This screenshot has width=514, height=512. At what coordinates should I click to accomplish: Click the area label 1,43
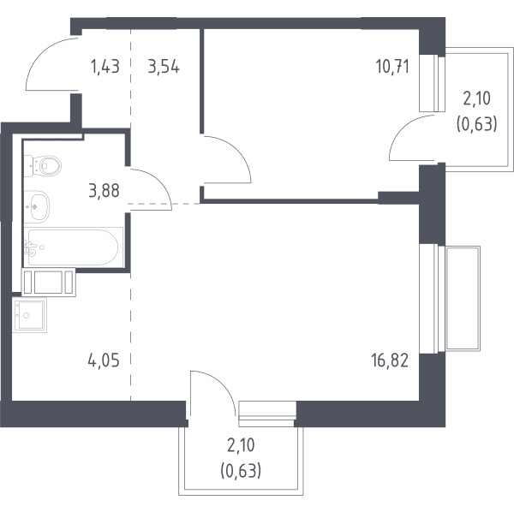click(105, 67)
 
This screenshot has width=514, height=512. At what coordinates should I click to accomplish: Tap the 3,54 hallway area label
click(164, 67)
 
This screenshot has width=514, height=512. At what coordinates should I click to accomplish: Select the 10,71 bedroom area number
click(392, 67)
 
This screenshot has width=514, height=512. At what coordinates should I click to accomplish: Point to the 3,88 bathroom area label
click(104, 191)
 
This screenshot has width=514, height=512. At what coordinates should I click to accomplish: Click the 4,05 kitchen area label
click(104, 360)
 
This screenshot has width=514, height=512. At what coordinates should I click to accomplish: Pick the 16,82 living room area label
click(390, 360)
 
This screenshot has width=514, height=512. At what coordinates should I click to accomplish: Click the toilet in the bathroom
click(43, 166)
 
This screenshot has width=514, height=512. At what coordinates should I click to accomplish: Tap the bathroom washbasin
click(37, 206)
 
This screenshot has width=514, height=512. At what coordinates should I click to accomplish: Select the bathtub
click(73, 247)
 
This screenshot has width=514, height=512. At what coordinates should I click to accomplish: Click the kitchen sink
click(29, 315)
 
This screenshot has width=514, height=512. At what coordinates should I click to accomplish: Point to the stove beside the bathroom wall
click(49, 282)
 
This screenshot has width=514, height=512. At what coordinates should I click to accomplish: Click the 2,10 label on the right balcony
click(476, 98)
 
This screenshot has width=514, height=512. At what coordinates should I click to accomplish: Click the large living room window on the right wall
click(432, 299)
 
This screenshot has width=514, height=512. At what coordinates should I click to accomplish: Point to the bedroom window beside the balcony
click(432, 83)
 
